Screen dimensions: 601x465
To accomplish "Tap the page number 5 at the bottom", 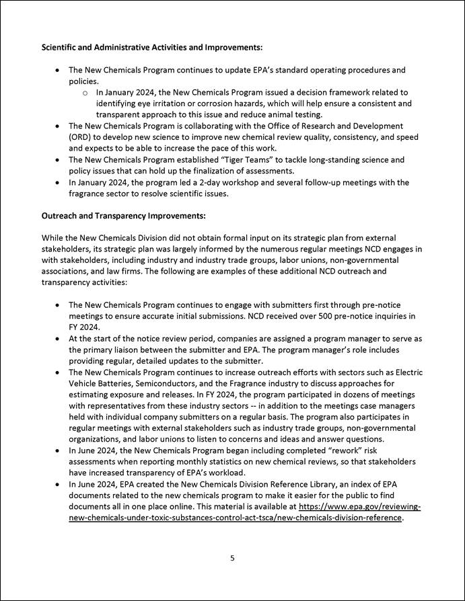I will (x=232, y=557).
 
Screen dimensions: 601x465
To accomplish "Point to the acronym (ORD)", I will (x=82, y=136).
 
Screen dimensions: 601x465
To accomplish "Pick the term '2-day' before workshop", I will (x=229, y=182).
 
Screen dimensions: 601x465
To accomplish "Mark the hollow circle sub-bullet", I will (x=85, y=92).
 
